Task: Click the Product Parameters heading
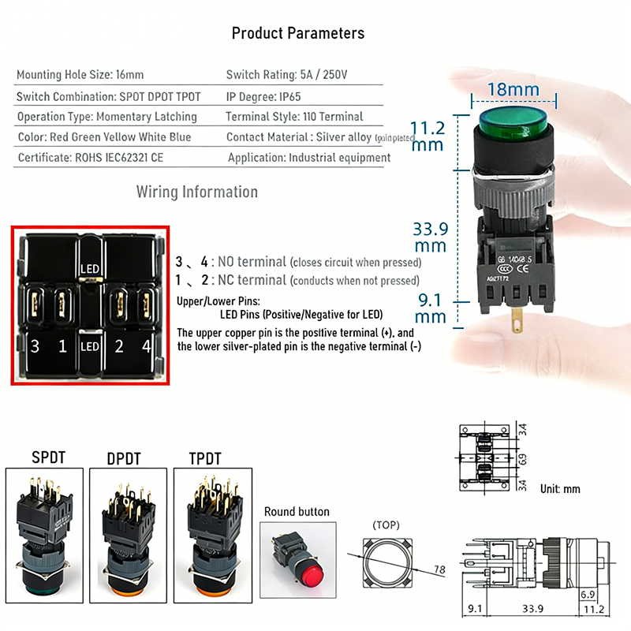(x=298, y=33)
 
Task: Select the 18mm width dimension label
(x=513, y=89)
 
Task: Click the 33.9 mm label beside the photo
(x=431, y=237)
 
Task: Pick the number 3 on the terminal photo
(x=34, y=345)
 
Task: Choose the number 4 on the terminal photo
(x=145, y=345)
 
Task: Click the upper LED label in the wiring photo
(x=89, y=269)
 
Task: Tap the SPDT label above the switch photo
(x=49, y=457)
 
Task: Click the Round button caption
(x=297, y=512)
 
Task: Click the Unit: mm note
(x=560, y=489)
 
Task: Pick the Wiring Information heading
(x=197, y=192)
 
